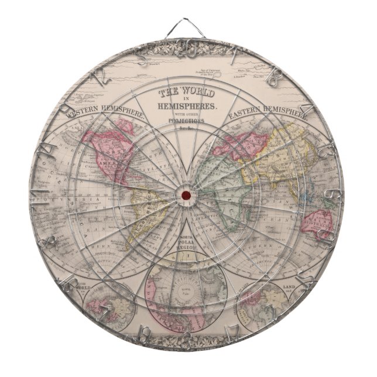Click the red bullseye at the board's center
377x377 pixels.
tap(187, 194)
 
